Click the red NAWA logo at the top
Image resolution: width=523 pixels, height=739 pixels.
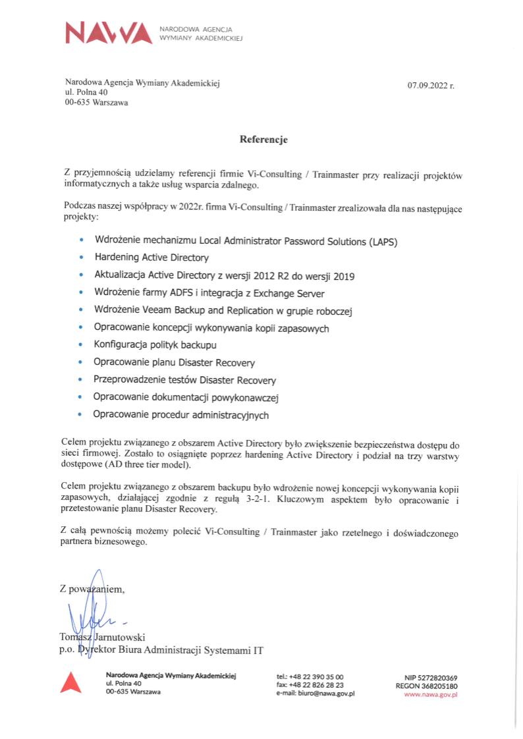tap(109, 33)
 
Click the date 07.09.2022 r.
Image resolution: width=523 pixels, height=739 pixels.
tap(431, 86)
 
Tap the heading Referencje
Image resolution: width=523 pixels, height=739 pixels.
tap(263, 140)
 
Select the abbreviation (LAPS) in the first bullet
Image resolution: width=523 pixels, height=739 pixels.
tap(383, 241)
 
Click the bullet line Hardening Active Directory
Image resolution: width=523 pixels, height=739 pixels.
tap(151, 258)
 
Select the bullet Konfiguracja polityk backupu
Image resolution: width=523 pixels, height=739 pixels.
tap(155, 345)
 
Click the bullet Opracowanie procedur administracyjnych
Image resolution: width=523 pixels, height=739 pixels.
tap(181, 416)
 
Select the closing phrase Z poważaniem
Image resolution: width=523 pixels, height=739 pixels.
tap(92, 589)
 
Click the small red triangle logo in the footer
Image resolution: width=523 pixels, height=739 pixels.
tap(70, 683)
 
